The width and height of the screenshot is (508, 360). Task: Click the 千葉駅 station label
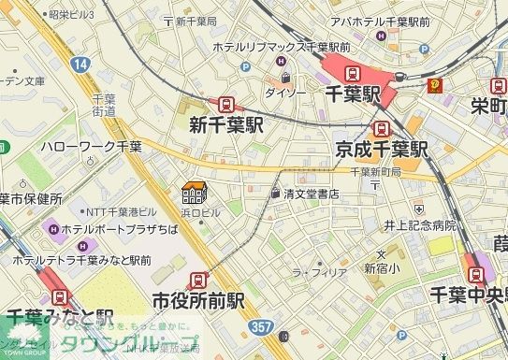point(353,94)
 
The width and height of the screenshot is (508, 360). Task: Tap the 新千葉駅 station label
point(225,124)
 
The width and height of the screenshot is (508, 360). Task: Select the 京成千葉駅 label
point(381,150)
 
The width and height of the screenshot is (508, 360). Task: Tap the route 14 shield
point(81,64)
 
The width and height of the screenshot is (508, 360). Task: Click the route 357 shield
point(263,325)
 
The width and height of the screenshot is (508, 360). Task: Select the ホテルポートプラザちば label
point(114,228)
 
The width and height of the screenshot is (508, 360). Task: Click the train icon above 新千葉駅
point(225,105)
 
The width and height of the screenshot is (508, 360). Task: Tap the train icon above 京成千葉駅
point(381,129)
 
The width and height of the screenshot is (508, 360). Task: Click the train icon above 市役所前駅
point(197,279)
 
